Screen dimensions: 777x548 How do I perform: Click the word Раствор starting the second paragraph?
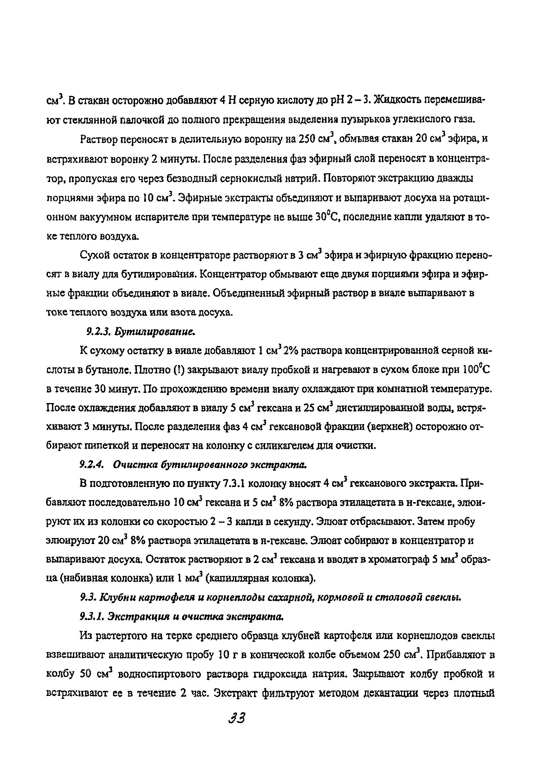tap(99, 140)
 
